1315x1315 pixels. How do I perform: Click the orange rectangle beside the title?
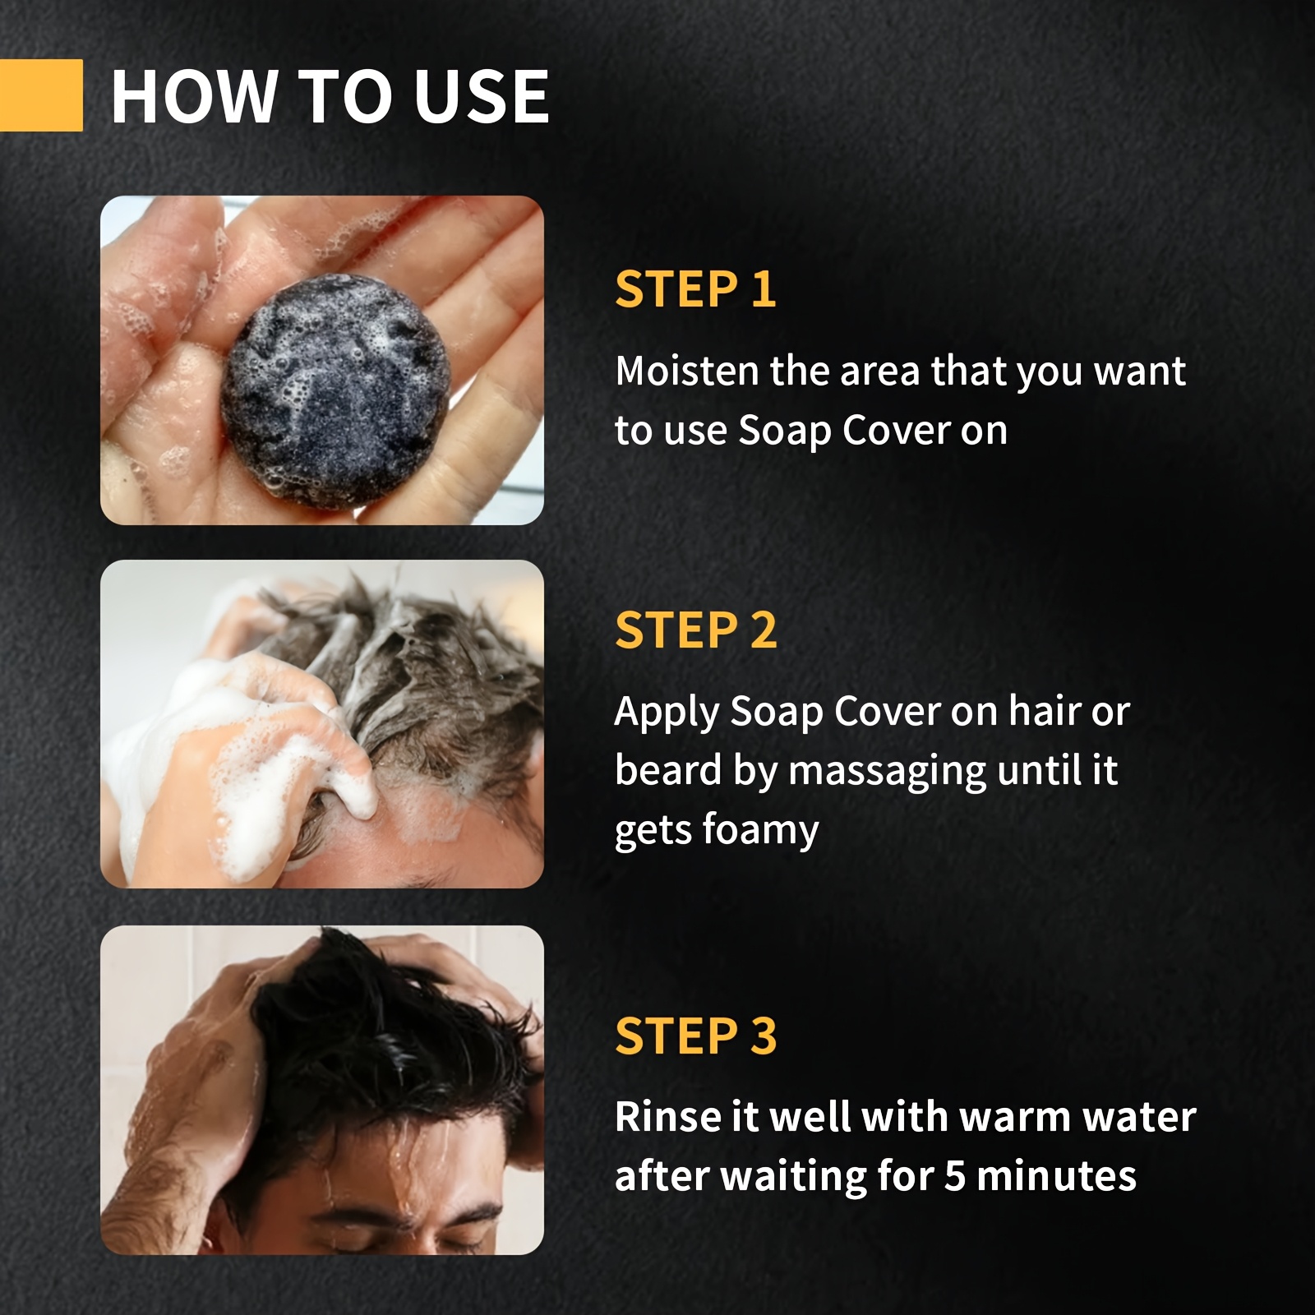(41, 95)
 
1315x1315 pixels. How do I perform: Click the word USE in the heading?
(481, 97)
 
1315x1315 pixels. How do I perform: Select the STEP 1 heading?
(695, 289)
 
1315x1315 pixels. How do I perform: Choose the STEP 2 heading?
(695, 630)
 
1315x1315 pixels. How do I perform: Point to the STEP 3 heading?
(695, 1036)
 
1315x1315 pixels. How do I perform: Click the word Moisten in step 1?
(686, 371)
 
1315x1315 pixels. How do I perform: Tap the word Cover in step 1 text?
(896, 431)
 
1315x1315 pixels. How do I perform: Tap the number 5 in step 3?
(954, 1176)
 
